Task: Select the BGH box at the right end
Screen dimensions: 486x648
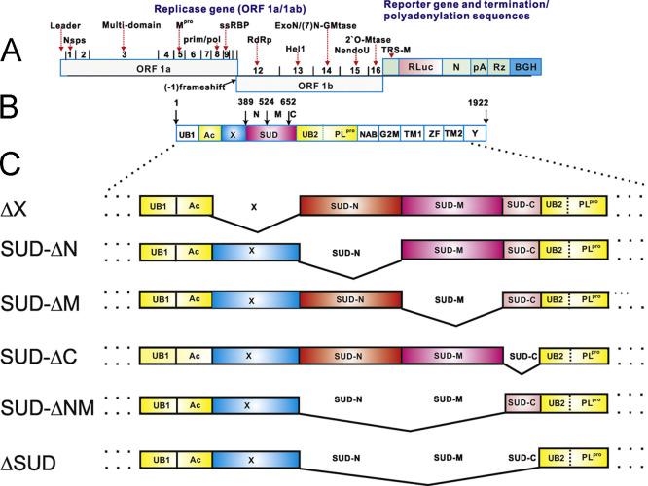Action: tap(525, 68)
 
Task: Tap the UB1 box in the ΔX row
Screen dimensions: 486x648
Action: tap(158, 205)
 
